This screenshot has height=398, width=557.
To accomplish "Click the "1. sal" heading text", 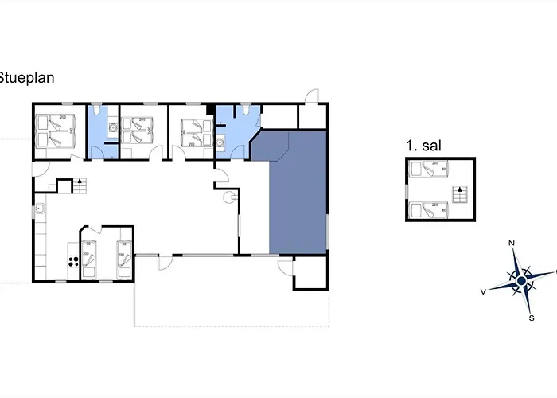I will point(423,146).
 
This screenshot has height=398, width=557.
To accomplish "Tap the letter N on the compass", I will point(512,242).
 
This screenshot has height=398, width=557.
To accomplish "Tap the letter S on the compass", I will point(531,317).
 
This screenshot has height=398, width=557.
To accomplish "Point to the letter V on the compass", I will point(483,291).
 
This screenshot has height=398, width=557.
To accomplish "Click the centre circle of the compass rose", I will point(521,280).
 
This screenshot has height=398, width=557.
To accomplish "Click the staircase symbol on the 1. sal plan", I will point(458,193).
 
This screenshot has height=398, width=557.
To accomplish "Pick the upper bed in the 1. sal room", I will point(428,169).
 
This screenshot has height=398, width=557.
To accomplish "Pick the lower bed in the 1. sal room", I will point(428,209).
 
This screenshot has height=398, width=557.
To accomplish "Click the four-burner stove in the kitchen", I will point(73,261).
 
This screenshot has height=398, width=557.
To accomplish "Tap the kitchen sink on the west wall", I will point(39,210).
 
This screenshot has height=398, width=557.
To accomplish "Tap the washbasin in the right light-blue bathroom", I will point(220,143).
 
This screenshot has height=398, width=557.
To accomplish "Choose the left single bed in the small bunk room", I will point(89,258).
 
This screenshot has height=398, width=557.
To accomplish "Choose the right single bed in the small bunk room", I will point(123,258).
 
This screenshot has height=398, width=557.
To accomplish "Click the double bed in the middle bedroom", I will point(138,130).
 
